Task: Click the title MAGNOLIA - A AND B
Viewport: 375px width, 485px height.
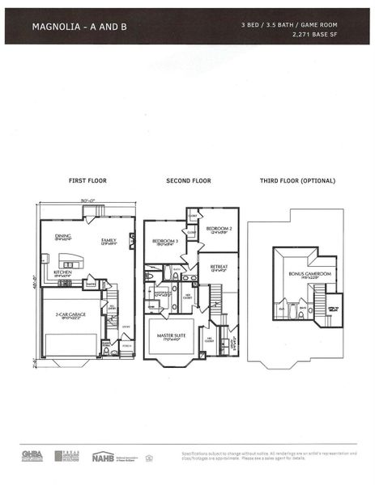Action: coord(79,27)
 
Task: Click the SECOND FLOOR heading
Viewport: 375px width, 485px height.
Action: coord(189,180)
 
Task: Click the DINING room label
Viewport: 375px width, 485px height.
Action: coord(62,237)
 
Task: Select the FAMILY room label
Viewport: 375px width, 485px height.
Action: coord(109,241)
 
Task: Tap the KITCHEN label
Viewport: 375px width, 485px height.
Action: coord(63,273)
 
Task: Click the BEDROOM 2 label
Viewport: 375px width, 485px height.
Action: coord(219,230)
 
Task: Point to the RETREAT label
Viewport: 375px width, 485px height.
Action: coord(219,267)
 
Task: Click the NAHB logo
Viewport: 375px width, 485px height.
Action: coord(103,458)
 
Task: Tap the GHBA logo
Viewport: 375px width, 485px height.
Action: coord(31,458)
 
